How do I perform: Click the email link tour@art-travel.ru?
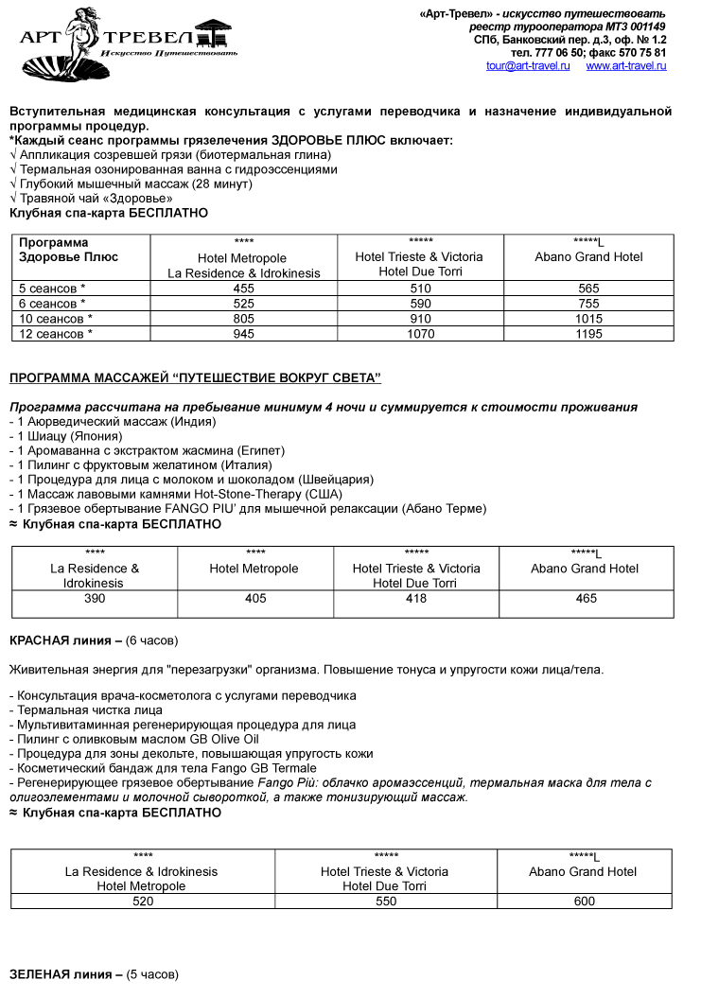click(528, 66)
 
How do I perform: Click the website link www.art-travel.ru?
click(625, 66)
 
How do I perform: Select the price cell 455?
click(244, 289)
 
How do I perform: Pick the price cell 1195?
click(588, 334)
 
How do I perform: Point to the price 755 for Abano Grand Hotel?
click(588, 304)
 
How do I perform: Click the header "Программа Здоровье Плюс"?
click(61, 250)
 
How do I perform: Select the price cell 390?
click(95, 599)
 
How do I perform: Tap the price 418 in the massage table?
click(416, 599)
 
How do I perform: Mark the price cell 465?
click(587, 599)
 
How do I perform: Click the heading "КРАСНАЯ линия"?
click(64, 641)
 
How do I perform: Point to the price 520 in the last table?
click(143, 902)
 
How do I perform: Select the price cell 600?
click(585, 902)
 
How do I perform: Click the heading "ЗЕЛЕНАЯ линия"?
click(64, 974)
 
